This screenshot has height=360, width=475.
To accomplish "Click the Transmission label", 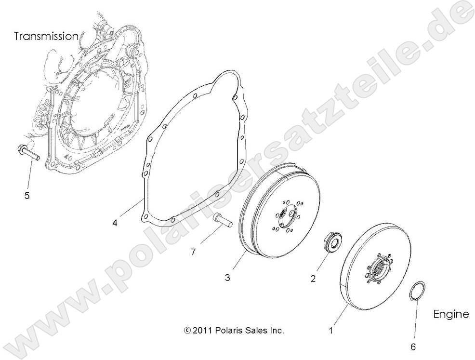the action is tap(46, 36).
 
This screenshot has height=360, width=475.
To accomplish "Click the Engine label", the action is tap(451, 315).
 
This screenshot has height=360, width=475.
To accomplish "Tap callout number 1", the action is tap(330, 331).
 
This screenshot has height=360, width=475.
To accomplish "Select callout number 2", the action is tap(313, 279).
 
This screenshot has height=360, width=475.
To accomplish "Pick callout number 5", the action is tap(27, 195).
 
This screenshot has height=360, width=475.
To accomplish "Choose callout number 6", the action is tap(412, 346).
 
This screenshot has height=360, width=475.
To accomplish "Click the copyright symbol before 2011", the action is tap(187, 331).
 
